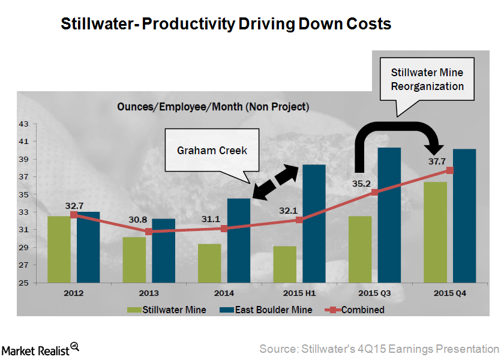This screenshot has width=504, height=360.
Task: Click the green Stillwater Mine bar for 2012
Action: tap(59, 249)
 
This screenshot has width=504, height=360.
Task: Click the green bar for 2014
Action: tap(209, 263)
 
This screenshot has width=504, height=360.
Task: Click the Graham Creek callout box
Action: tap(212, 150)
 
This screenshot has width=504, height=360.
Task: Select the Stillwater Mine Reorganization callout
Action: tap(427, 79)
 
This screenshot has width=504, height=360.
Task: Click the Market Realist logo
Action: tap(41, 348)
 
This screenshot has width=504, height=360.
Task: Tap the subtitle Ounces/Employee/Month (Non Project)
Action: tap(213, 107)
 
